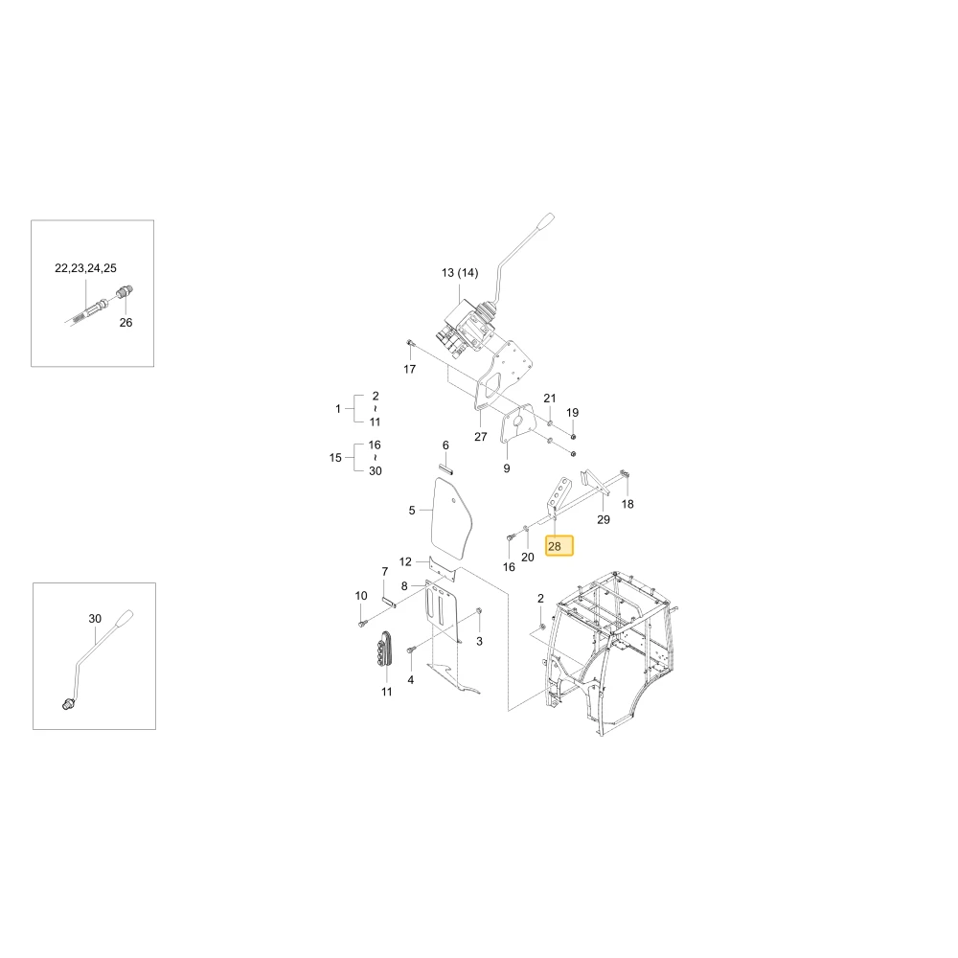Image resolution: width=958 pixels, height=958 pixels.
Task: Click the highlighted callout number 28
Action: [x=554, y=546]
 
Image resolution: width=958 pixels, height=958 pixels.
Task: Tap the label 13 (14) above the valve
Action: [x=460, y=272]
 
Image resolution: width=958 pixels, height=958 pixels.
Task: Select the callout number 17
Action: [x=410, y=369]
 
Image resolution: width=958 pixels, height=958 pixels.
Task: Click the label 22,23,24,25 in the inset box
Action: [x=85, y=268]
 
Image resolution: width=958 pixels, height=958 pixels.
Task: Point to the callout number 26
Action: [x=125, y=323]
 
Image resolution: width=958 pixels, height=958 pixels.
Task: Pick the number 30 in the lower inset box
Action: [x=95, y=618]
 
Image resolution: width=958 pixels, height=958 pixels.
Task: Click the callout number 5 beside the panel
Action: [x=412, y=511]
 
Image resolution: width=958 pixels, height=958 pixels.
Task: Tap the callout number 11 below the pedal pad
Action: [x=387, y=692]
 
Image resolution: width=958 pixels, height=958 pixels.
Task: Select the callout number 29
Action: [x=604, y=519]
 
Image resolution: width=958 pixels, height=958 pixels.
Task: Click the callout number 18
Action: [x=627, y=504]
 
